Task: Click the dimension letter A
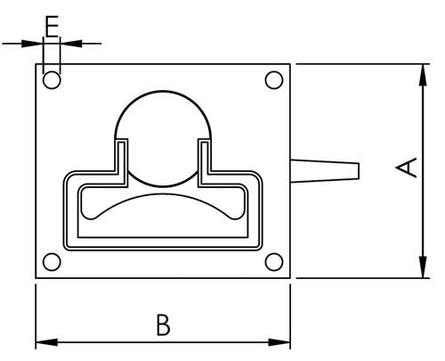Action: point(407,167)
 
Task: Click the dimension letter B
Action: point(162,324)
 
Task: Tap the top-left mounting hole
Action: point(52,80)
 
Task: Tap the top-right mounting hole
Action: point(274,80)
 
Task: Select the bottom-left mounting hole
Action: point(52,262)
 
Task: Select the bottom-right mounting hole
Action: point(274,262)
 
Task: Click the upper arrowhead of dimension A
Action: point(420,71)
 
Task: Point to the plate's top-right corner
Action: point(290,64)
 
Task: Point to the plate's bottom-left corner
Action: point(36,278)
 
